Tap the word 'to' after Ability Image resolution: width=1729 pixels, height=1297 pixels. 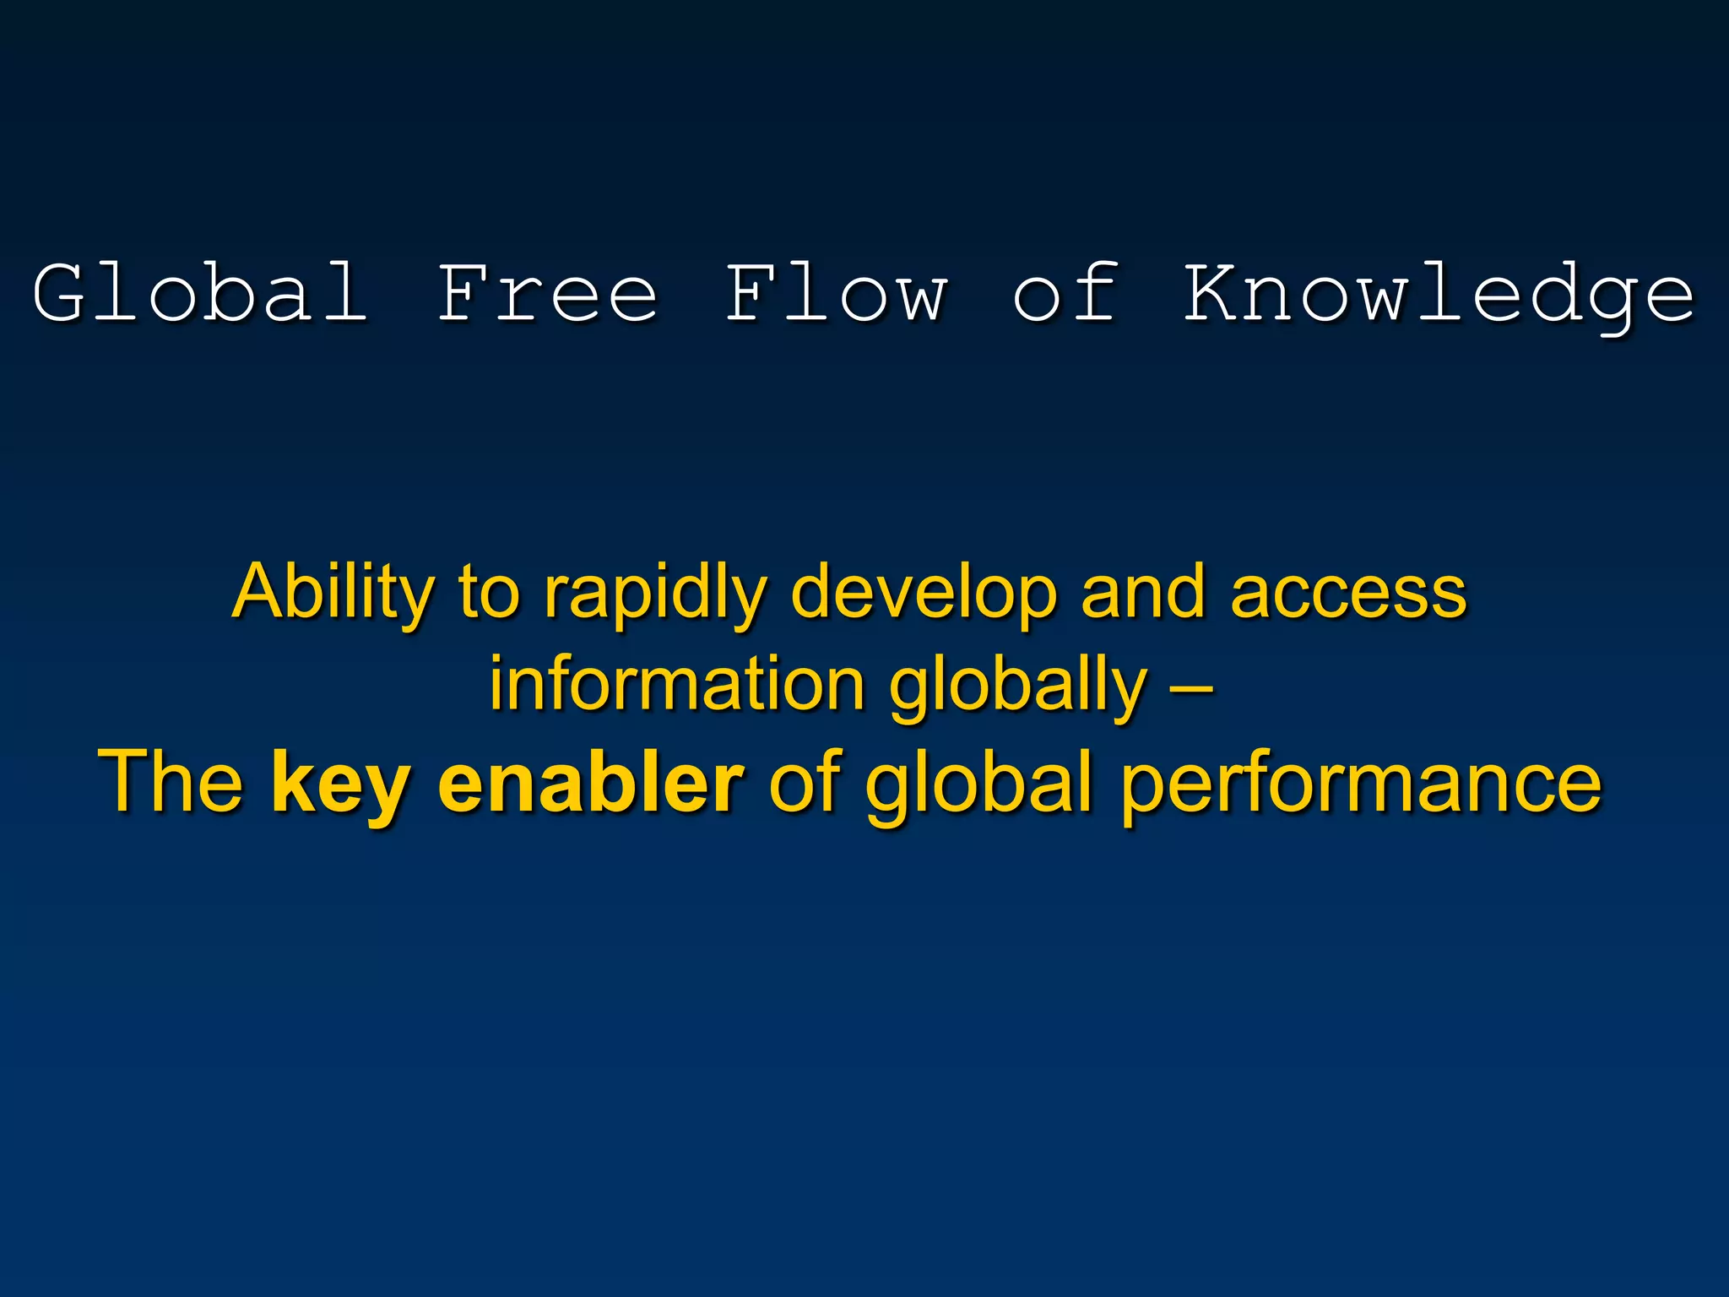(488, 593)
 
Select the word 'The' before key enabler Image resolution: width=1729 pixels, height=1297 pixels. (171, 782)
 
